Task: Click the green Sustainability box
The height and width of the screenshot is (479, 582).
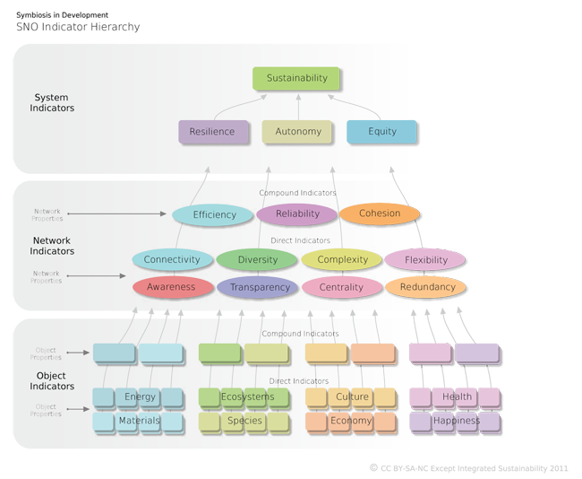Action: (x=297, y=78)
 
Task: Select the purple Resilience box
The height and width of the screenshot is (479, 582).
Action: (x=212, y=132)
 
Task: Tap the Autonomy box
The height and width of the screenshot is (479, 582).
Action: (x=298, y=132)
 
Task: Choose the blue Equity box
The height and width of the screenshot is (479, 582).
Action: (x=381, y=132)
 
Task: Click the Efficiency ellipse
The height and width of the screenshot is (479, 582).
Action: (x=215, y=214)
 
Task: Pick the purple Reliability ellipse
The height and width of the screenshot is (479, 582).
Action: (x=297, y=214)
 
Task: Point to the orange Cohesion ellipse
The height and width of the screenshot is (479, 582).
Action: (x=380, y=213)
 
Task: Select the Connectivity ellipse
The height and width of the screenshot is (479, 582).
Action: (x=172, y=260)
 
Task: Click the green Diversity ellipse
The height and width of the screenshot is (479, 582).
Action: (x=257, y=260)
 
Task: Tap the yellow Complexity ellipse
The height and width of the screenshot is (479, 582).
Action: (x=342, y=260)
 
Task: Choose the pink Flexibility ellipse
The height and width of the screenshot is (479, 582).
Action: (x=425, y=260)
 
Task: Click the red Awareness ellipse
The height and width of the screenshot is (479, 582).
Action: (x=171, y=288)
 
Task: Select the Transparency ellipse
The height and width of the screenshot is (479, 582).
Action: (x=260, y=288)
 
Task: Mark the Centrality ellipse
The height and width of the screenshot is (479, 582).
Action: (x=342, y=288)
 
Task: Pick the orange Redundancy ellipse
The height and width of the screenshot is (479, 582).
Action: (x=427, y=287)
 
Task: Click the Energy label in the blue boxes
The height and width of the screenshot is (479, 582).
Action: (x=141, y=397)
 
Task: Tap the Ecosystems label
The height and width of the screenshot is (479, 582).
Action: (x=244, y=397)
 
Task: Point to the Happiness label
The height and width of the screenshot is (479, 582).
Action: (x=457, y=421)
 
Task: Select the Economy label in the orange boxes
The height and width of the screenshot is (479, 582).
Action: (x=352, y=421)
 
